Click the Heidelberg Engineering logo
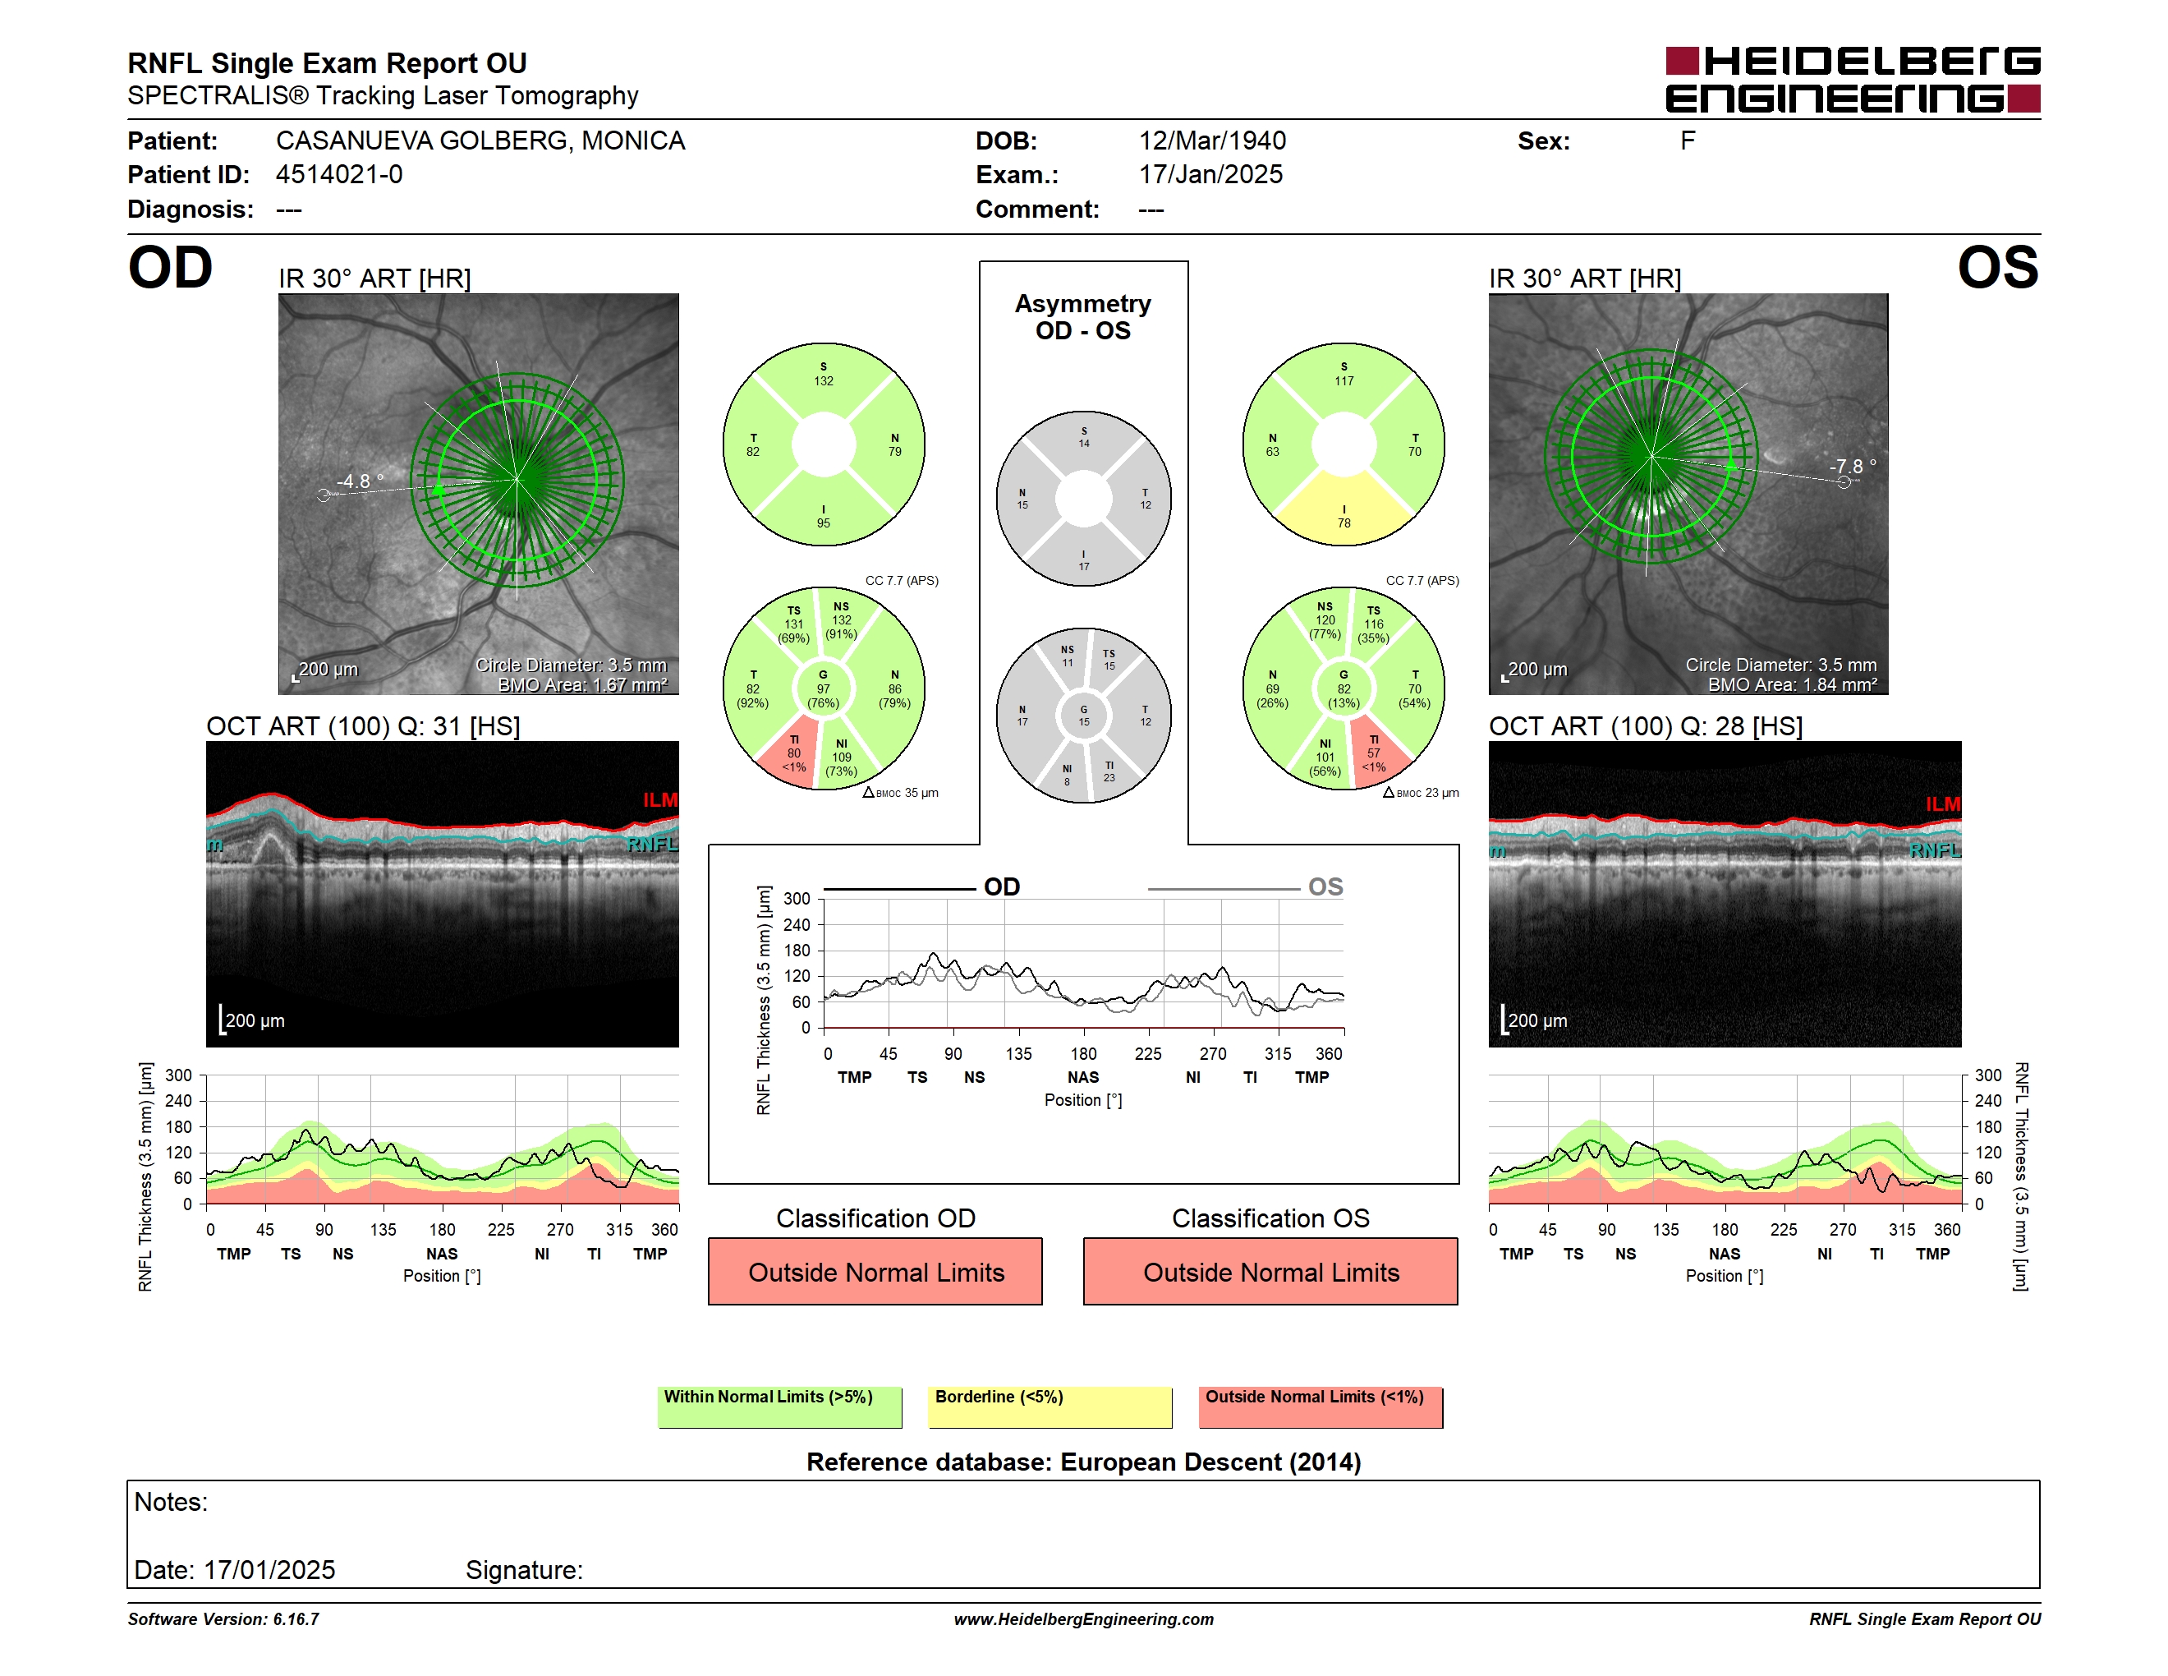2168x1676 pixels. coord(1853,80)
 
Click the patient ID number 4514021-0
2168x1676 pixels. coord(339,175)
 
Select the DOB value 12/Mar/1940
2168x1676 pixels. coord(1212,141)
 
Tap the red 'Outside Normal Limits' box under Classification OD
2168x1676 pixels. coord(875,1271)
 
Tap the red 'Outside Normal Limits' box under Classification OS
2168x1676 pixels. coord(1270,1271)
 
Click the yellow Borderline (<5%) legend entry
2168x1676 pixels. coord(1050,1407)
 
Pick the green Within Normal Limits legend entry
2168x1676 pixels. coord(780,1407)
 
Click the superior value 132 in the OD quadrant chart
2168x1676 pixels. coord(824,381)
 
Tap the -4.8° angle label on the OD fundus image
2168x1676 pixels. coord(361,481)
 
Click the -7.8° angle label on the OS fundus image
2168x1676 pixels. coord(1853,467)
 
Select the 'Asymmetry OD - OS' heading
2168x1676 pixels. coord(1083,317)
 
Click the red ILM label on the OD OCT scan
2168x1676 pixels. coord(660,800)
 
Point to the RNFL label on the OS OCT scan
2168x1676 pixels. coord(1935,851)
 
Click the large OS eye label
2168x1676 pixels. coord(1997,268)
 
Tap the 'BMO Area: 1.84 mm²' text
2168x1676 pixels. coord(1793,685)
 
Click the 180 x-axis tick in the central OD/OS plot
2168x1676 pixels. coord(1083,1053)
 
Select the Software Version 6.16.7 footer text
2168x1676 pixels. coord(223,1619)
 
